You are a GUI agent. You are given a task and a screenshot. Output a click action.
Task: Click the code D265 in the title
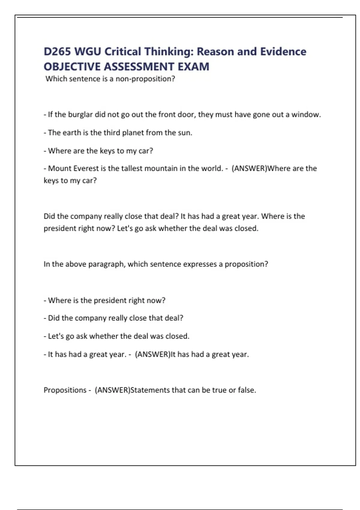coord(57,52)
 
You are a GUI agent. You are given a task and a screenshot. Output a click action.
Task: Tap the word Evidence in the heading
coord(283,52)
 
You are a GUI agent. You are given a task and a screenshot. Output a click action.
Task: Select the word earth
coord(72,133)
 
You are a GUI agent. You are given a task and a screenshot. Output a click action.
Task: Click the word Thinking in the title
coord(169,52)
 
